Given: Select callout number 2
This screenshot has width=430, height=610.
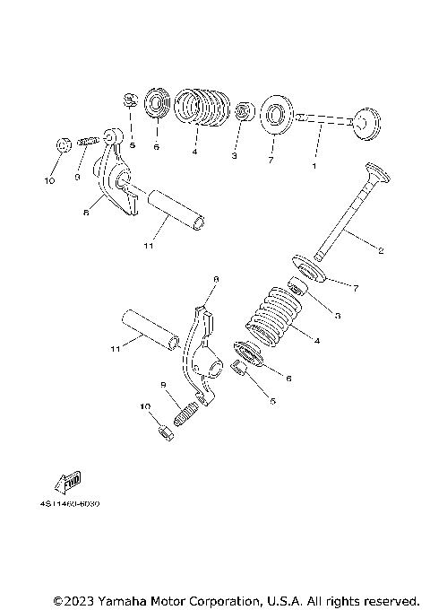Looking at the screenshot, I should [380, 250].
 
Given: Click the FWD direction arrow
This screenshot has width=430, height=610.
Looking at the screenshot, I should [68, 485].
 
